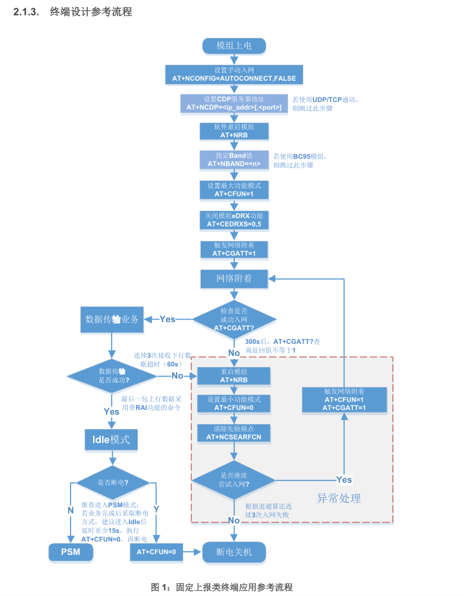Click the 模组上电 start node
pyautogui.click(x=234, y=46)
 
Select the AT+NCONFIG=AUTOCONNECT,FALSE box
pyautogui.click(x=234, y=74)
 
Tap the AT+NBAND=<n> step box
pyautogui.click(x=234, y=160)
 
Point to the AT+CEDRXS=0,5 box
pyautogui.click(x=234, y=219)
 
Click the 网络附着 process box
pyautogui.click(x=234, y=278)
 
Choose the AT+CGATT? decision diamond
pyautogui.click(x=234, y=319)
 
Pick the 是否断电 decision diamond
pyautogui.click(x=112, y=482)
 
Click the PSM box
pyautogui.click(x=71, y=551)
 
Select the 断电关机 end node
pyautogui.click(x=234, y=551)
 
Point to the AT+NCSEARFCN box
pyautogui.click(x=234, y=432)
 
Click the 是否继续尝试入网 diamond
pyautogui.click(x=234, y=479)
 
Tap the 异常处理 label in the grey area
pyautogui.click(x=339, y=498)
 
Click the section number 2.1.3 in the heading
pyautogui.click(x=27, y=12)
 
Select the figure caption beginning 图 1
pyautogui.click(x=221, y=586)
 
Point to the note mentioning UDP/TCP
pyautogui.click(x=325, y=104)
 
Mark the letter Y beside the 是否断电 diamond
pyautogui.click(x=156, y=509)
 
